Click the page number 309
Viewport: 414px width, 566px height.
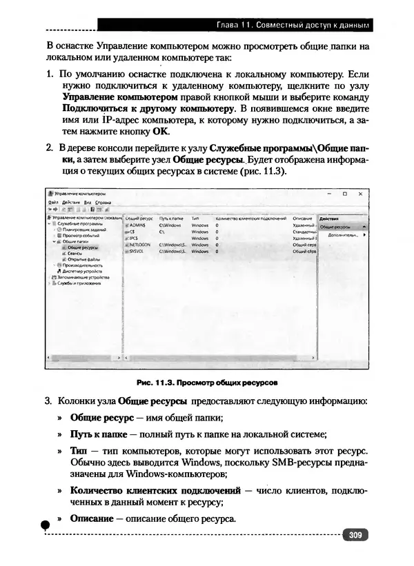click(355, 534)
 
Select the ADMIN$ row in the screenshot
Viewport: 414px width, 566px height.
click(135, 225)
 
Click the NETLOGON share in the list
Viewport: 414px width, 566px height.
click(139, 244)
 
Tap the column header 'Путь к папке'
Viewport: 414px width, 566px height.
click(171, 218)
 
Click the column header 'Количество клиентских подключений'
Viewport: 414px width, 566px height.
click(250, 218)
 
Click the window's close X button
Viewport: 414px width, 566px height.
click(362, 194)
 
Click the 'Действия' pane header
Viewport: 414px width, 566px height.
click(330, 219)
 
